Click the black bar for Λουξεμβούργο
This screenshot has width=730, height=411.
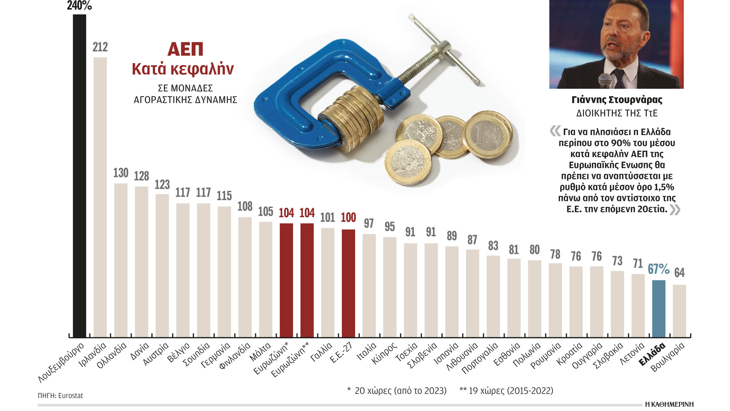pyautogui.click(x=79, y=175)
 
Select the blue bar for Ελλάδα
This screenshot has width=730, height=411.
pyautogui.click(x=659, y=308)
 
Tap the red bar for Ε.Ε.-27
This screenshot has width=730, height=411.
pyautogui.click(x=348, y=283)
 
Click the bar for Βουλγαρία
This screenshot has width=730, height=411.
pyautogui.click(x=679, y=311)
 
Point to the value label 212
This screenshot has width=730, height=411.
pyautogui.click(x=100, y=47)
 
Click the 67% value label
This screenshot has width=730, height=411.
pyautogui.click(x=659, y=269)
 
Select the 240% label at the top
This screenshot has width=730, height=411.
pyautogui.click(x=79, y=6)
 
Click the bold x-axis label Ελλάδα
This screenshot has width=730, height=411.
pyautogui.click(x=652, y=354)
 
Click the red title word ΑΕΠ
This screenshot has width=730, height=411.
pyautogui.click(x=185, y=49)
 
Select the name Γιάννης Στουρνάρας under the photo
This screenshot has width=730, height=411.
pyautogui.click(x=617, y=100)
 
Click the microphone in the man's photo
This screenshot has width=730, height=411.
pyautogui.click(x=605, y=81)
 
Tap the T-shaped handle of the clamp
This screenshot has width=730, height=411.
pyautogui.click(x=445, y=49)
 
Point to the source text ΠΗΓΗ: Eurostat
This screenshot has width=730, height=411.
pyautogui.click(x=60, y=396)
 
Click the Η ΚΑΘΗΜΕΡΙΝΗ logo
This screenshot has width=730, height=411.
pyautogui.click(x=669, y=404)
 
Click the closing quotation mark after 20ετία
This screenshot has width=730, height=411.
pyautogui.click(x=675, y=210)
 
